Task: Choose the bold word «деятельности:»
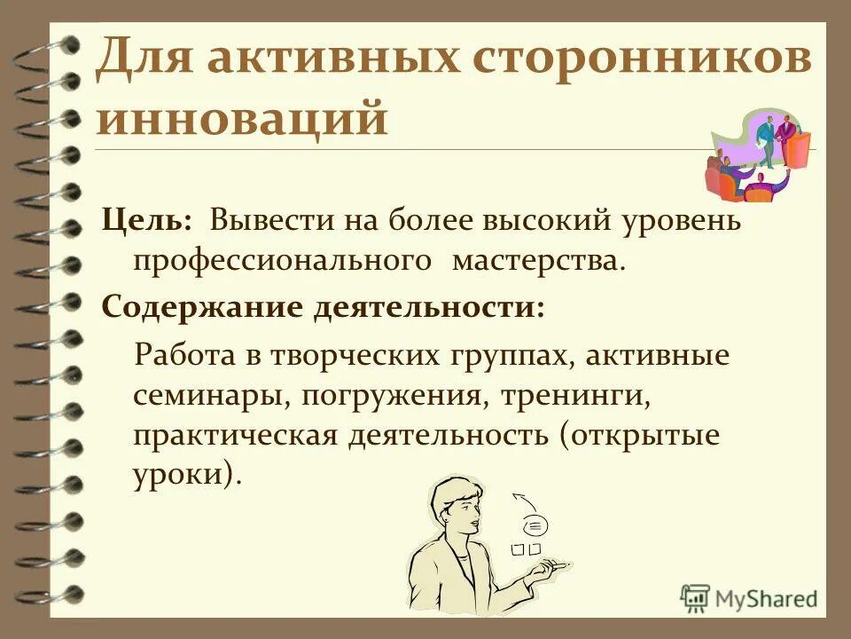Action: pos(428,309)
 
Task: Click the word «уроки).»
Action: pos(186,476)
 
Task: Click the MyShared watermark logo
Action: pos(749,598)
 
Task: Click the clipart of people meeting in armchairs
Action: pos(757,155)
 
